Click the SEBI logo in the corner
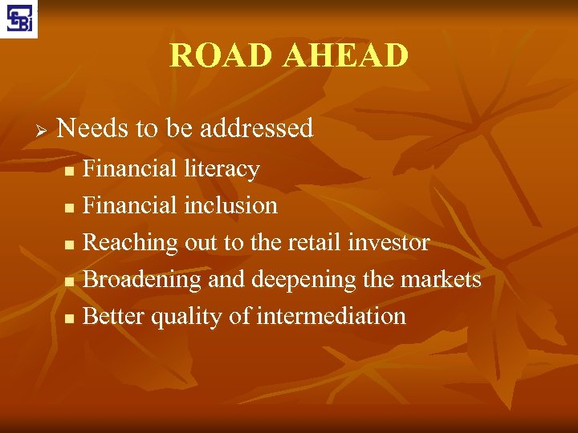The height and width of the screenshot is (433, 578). click(18, 18)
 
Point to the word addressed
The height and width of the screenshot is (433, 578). click(256, 128)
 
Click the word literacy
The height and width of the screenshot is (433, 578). click(222, 169)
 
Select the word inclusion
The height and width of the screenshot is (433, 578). click(231, 205)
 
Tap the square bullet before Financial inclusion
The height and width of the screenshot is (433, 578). click(69, 208)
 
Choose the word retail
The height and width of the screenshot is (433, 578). click(309, 242)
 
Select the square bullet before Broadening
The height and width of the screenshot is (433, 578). click(69, 282)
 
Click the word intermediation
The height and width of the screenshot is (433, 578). click(331, 316)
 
